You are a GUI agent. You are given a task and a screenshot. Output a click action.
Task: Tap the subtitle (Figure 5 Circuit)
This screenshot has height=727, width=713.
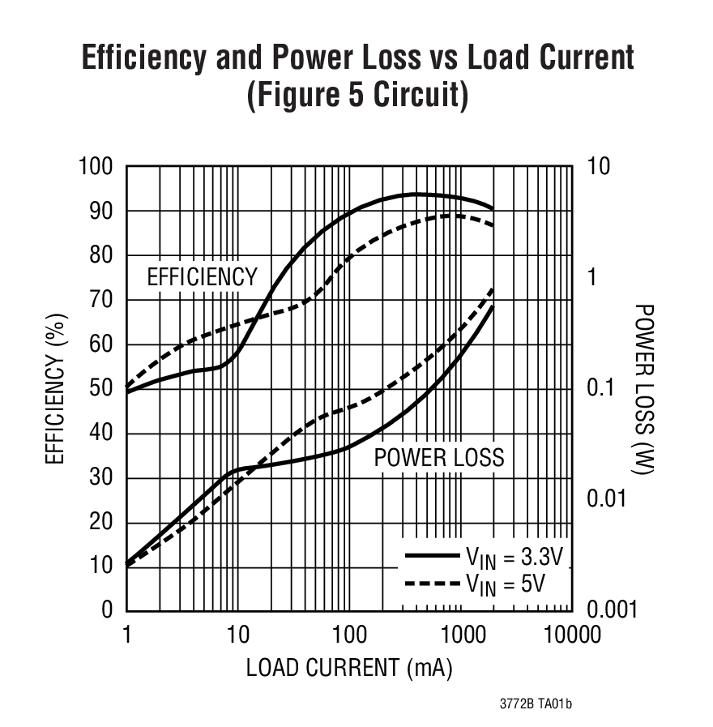(357, 95)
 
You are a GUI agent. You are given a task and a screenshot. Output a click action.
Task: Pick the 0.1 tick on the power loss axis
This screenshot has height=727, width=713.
(604, 388)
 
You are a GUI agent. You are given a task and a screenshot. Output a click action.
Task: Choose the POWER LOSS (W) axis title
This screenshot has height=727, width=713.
(643, 389)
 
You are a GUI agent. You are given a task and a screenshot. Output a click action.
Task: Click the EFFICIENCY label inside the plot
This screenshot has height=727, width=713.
(201, 277)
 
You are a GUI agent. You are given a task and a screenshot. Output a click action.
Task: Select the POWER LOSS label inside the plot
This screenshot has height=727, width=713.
(438, 458)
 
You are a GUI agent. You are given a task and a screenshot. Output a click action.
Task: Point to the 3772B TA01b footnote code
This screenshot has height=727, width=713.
(536, 704)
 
